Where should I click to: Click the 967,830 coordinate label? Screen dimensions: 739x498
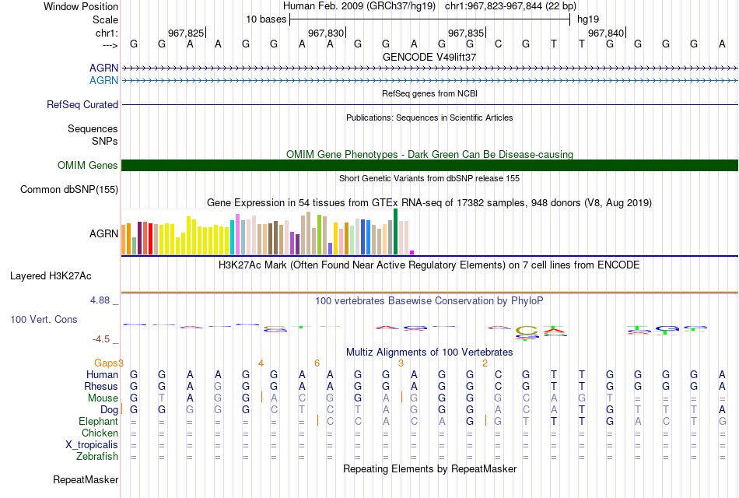tap(326, 33)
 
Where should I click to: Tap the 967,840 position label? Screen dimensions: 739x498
tap(606, 33)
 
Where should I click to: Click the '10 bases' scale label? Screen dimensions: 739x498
tap(266, 19)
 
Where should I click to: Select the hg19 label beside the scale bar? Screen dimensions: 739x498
tap(588, 19)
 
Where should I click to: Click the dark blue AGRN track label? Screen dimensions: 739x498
tap(103, 68)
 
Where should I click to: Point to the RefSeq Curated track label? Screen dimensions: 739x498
tap(82, 105)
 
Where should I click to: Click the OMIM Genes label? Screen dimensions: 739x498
tap(88, 165)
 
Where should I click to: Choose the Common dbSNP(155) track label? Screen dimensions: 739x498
tap(69, 190)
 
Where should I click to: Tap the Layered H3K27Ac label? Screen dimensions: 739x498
tap(51, 276)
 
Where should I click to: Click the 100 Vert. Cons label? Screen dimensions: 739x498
tap(44, 319)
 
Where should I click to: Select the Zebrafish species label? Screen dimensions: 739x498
tap(97, 457)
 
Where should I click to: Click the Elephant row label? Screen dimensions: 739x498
tap(99, 421)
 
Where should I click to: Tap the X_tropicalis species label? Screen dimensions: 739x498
tap(92, 445)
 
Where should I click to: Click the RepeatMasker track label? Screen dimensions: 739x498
tap(86, 479)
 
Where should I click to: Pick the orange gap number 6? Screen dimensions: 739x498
tap(317, 363)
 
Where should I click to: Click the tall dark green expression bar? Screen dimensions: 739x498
tap(395, 232)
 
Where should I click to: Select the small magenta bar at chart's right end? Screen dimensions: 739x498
tap(412, 253)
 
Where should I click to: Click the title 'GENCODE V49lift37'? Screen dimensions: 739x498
tap(429, 57)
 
